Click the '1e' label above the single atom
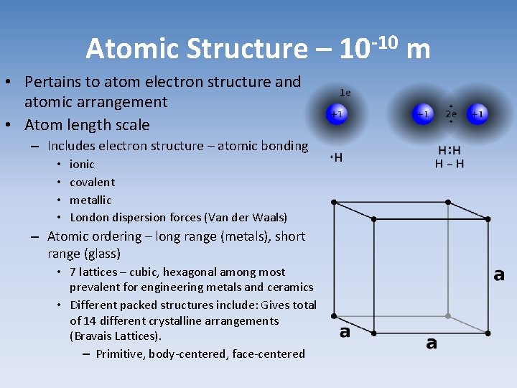tap(345, 93)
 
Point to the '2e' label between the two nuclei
tap(451, 114)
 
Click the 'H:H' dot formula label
tap(450, 151)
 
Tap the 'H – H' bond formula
tap(450, 164)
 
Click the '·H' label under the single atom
tap(336, 158)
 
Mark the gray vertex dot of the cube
tap(448, 315)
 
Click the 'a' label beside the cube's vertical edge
tap(498, 275)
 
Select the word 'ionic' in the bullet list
tap(82, 164)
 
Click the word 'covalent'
tap(92, 182)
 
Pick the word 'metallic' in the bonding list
tap(90, 200)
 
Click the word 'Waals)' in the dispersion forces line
tap(269, 217)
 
